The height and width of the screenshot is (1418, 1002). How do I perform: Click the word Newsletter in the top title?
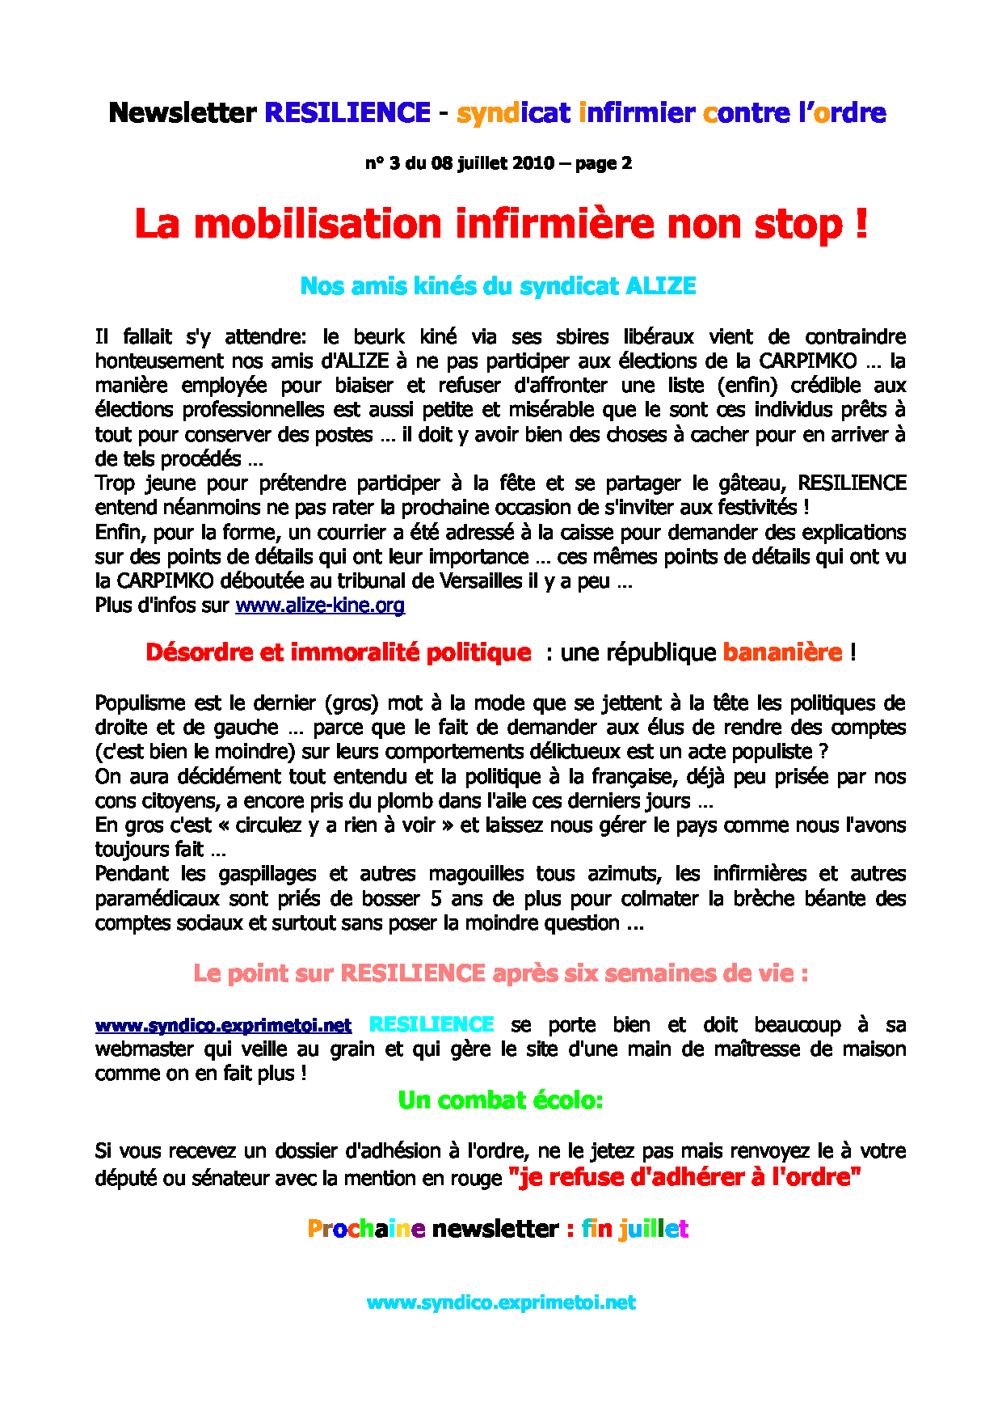182,112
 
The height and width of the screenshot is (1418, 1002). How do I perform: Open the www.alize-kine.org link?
320,606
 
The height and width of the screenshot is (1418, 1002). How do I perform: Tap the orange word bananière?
782,652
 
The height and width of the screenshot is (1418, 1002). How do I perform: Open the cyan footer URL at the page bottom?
501,1302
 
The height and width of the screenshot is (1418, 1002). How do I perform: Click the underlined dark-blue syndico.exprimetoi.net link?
223,1026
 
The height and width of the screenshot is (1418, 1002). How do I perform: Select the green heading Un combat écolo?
500,1100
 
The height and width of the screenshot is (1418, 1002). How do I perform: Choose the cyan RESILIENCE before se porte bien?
432,1025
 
